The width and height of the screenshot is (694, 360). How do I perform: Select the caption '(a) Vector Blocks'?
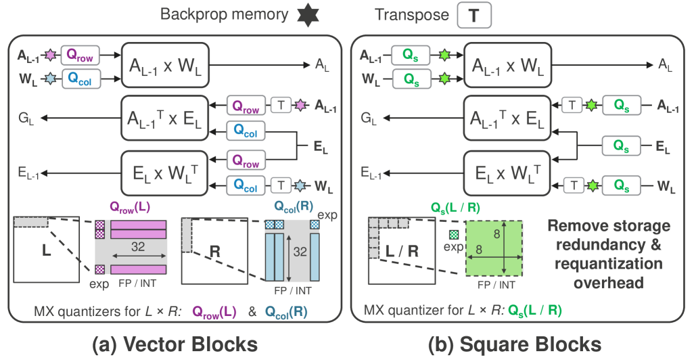175,344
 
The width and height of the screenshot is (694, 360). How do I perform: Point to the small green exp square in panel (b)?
453,234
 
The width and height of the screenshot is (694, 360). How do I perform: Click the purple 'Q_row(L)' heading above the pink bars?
135,206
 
